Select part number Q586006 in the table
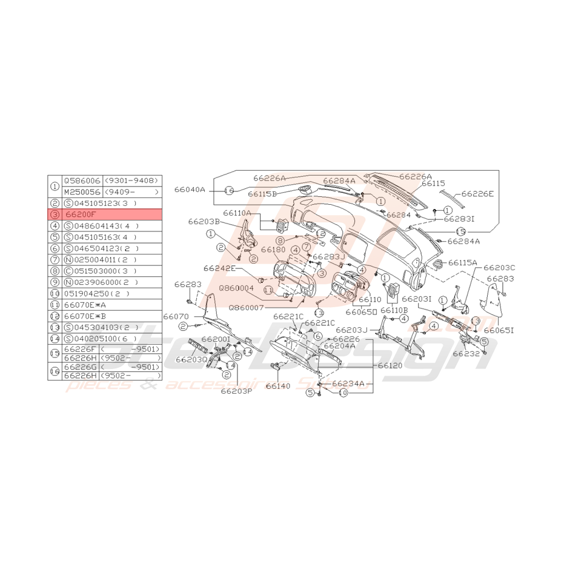pyautogui.click(x=82, y=181)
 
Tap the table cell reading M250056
pyautogui.click(x=82, y=191)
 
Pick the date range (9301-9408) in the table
pyautogui.click(x=131, y=181)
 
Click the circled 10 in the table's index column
pyautogui.click(x=55, y=294)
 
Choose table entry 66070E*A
pyautogui.click(x=85, y=305)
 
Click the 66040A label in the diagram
pyautogui.click(x=190, y=190)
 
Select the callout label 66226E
pyautogui.click(x=477, y=194)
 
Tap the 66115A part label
pyautogui.click(x=463, y=262)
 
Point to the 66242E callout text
pyautogui.click(x=220, y=267)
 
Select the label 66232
pyautogui.click(x=466, y=353)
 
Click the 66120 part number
pyautogui.click(x=390, y=366)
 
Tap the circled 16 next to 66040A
pyautogui.click(x=229, y=190)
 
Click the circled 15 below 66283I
pyautogui.click(x=460, y=231)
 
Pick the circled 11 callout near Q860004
pyautogui.click(x=267, y=290)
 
